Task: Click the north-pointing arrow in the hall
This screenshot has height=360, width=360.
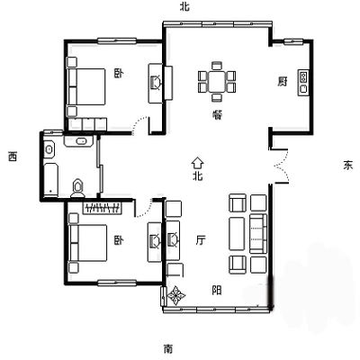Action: click(198, 163)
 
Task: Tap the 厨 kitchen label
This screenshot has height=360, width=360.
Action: click(282, 81)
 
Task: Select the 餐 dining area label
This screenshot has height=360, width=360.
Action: click(217, 115)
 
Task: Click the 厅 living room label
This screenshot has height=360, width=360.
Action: click(201, 240)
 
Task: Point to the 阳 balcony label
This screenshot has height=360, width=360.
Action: click(217, 290)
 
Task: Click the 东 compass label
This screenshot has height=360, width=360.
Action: click(348, 166)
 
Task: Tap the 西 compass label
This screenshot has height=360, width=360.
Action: click(13, 157)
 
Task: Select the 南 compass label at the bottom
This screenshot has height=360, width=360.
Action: click(168, 349)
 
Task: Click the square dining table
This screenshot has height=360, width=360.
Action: click(217, 81)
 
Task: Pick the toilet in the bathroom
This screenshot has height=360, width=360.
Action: click(78, 188)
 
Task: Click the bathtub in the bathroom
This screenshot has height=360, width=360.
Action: click(50, 180)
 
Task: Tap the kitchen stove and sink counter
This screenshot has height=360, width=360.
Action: click(303, 83)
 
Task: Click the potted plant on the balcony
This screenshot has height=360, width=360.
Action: click(176, 295)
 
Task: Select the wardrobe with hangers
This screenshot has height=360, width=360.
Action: click(103, 208)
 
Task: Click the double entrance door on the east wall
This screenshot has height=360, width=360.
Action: click(281, 166)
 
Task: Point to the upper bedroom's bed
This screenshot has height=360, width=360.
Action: click(86, 86)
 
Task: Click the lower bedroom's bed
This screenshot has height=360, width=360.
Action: click(88, 243)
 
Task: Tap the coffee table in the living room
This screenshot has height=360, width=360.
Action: click(237, 234)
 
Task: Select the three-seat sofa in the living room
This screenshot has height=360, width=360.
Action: click(258, 234)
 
